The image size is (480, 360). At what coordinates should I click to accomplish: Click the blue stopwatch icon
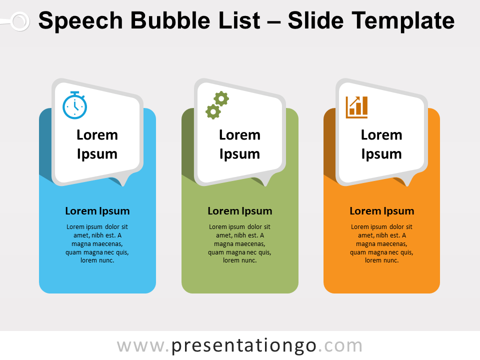click(x=74, y=105)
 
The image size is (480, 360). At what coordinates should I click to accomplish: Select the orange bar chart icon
click(x=356, y=107)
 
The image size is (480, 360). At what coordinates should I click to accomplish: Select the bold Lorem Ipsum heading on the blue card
click(x=97, y=211)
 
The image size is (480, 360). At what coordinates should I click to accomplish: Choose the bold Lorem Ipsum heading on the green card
click(x=240, y=211)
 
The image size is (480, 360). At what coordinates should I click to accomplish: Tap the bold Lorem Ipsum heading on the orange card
click(x=382, y=211)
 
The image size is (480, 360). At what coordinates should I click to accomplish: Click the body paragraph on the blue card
click(x=97, y=243)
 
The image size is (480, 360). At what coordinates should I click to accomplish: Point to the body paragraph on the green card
click(x=240, y=243)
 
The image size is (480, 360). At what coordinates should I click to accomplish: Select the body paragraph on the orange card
click(x=382, y=243)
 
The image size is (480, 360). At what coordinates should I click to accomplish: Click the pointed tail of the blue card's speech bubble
click(x=123, y=182)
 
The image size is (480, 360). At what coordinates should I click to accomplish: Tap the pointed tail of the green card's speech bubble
click(x=266, y=182)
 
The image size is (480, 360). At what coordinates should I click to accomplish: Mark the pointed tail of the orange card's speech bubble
click(x=408, y=182)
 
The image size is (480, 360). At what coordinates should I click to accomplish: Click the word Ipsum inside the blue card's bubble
click(x=97, y=154)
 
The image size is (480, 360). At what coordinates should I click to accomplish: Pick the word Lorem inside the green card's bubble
click(x=240, y=135)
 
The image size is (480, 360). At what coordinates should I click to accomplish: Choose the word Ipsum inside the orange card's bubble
click(x=382, y=154)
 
